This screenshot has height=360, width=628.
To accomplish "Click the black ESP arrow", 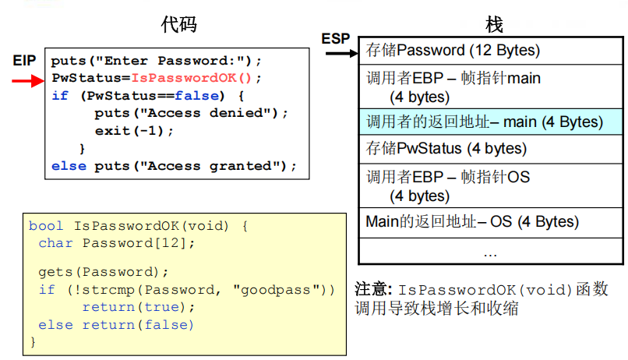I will pos(340,53).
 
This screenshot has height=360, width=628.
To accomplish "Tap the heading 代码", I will pos(178,24).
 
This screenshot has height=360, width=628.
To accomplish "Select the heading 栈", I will pos(494,24).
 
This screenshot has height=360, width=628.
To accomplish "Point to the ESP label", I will pos(336,38).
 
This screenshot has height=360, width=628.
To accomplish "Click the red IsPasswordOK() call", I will pos(192,78).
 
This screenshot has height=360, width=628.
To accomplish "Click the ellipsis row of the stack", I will pos(490,252).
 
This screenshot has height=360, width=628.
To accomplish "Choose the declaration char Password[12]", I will pos(117,243).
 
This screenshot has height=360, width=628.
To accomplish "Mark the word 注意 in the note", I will pos(372,289).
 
